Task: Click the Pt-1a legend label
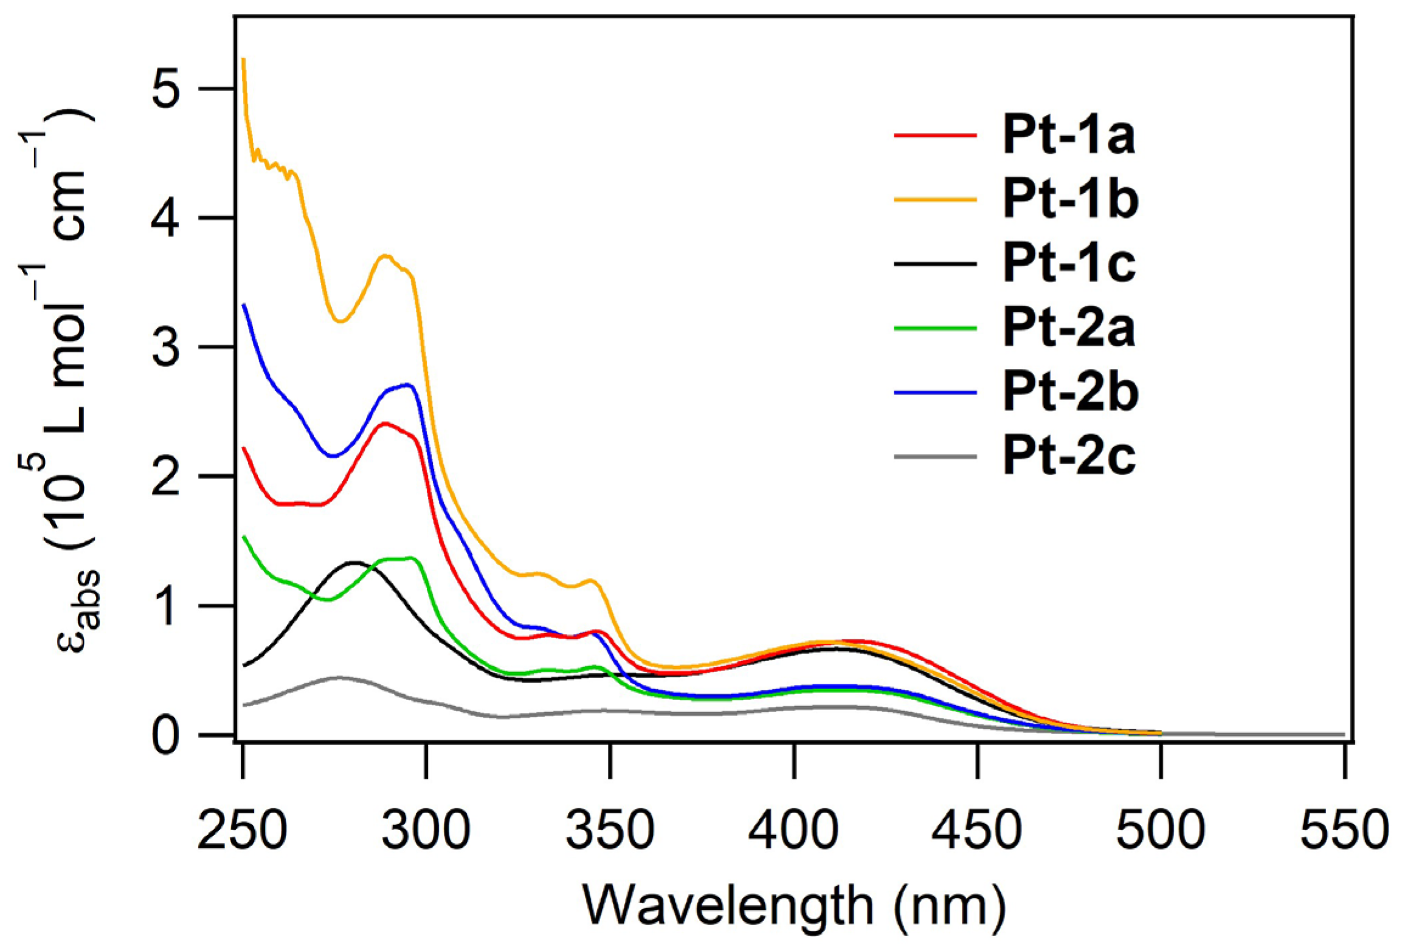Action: point(1068,137)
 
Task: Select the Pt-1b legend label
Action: point(1070,201)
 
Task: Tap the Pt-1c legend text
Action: point(1068,264)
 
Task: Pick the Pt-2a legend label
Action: point(1068,329)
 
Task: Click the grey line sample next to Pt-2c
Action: point(935,456)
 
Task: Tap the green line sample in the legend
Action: point(935,328)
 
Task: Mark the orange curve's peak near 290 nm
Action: point(385,256)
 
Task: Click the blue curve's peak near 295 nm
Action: point(407,384)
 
